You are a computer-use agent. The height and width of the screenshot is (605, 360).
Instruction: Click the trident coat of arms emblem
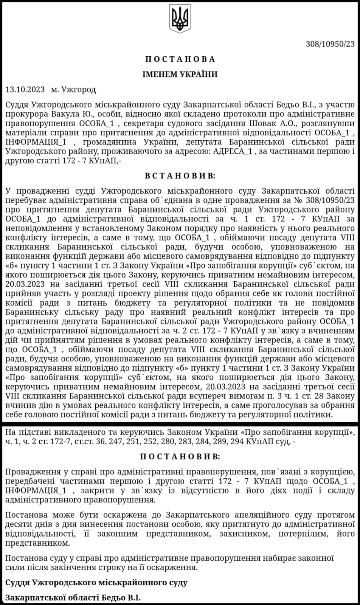tap(180, 19)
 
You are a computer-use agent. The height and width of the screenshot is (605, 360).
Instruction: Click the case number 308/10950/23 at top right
tap(330, 44)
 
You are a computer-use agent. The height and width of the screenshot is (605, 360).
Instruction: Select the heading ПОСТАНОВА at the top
tap(180, 59)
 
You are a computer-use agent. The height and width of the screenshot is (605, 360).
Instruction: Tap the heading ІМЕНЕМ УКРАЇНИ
tap(180, 74)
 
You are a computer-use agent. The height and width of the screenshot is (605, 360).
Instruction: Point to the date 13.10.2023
tap(25, 90)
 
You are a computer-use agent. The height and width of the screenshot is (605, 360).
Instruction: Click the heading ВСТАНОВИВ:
tap(180, 176)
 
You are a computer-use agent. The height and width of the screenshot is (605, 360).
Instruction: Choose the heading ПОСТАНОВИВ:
tap(180, 457)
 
